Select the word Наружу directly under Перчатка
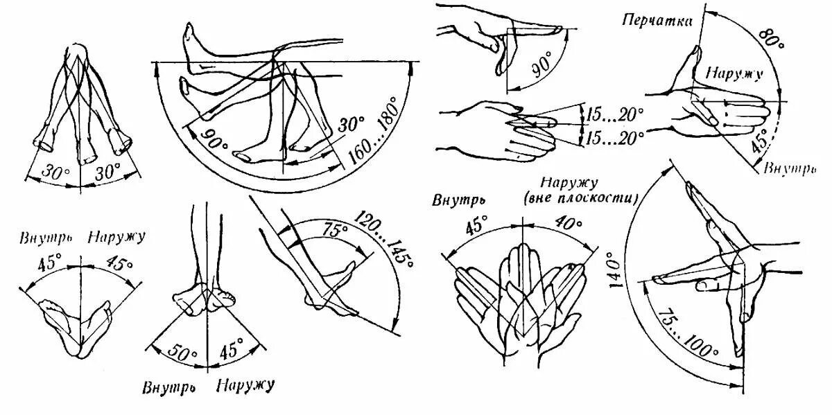(x=735, y=72)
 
